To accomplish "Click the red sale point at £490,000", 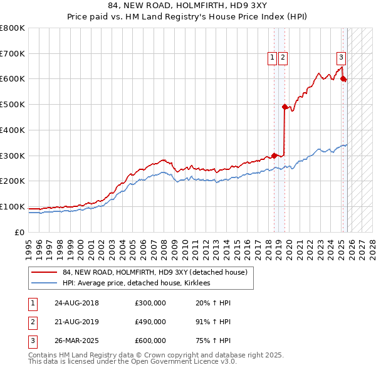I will tap(285, 107).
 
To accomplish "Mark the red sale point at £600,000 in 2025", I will tap(343, 79).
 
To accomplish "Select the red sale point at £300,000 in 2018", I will tap(274, 156).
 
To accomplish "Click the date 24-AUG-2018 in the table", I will tap(76, 304).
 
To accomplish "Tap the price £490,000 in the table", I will tap(150, 322).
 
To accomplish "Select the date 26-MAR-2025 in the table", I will tap(76, 341).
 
